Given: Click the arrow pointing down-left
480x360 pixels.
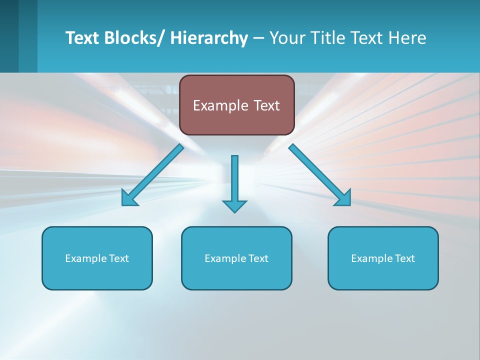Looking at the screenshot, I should pos(152,175).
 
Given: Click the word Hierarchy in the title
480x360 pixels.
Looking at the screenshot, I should pos(209,38).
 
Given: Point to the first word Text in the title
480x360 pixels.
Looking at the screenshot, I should pos(83,38).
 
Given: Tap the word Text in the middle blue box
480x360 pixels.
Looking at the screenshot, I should pos(257,258).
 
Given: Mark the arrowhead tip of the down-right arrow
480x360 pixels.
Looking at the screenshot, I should pos(349,205).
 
